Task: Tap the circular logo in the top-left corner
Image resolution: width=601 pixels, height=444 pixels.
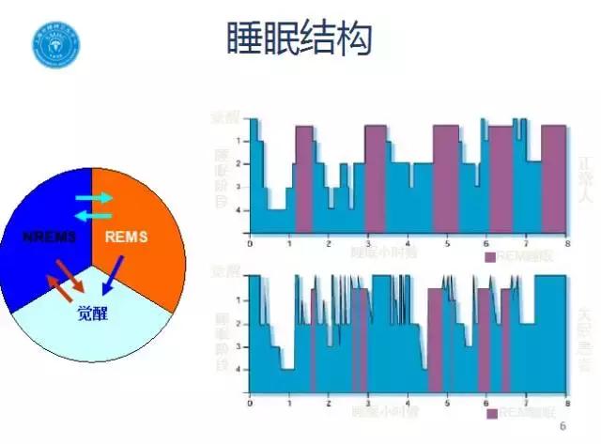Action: [x=57, y=44]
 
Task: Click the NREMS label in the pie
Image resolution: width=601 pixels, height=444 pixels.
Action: [x=48, y=236]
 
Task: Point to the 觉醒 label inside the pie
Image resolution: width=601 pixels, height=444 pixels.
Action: [x=93, y=314]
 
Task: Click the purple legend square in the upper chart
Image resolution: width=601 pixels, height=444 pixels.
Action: [x=489, y=255]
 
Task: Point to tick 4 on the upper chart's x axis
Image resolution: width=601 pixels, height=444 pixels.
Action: [x=408, y=243]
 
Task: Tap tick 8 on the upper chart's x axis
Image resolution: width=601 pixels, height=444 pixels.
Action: [x=566, y=243]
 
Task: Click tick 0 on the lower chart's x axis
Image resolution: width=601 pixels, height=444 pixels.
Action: [x=249, y=401]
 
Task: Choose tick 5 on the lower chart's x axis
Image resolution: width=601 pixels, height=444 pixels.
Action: [x=447, y=401]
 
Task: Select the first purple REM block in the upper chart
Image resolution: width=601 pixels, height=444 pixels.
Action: [x=302, y=178]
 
